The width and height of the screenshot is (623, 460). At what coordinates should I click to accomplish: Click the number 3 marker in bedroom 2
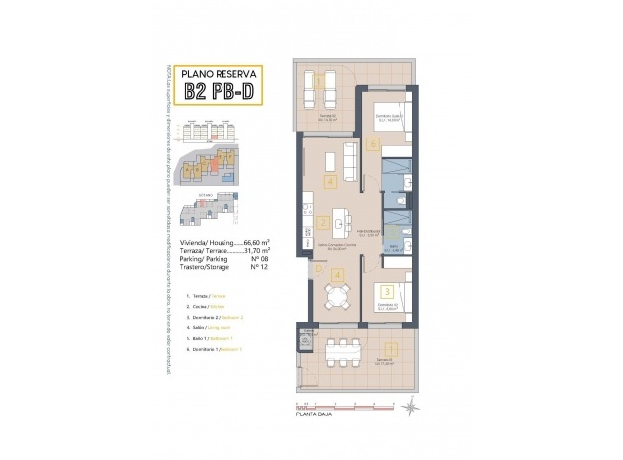[x=387, y=291]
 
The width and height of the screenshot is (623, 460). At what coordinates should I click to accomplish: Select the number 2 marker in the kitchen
[x=323, y=223]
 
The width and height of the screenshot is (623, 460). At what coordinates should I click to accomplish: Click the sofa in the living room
[x=349, y=158]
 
